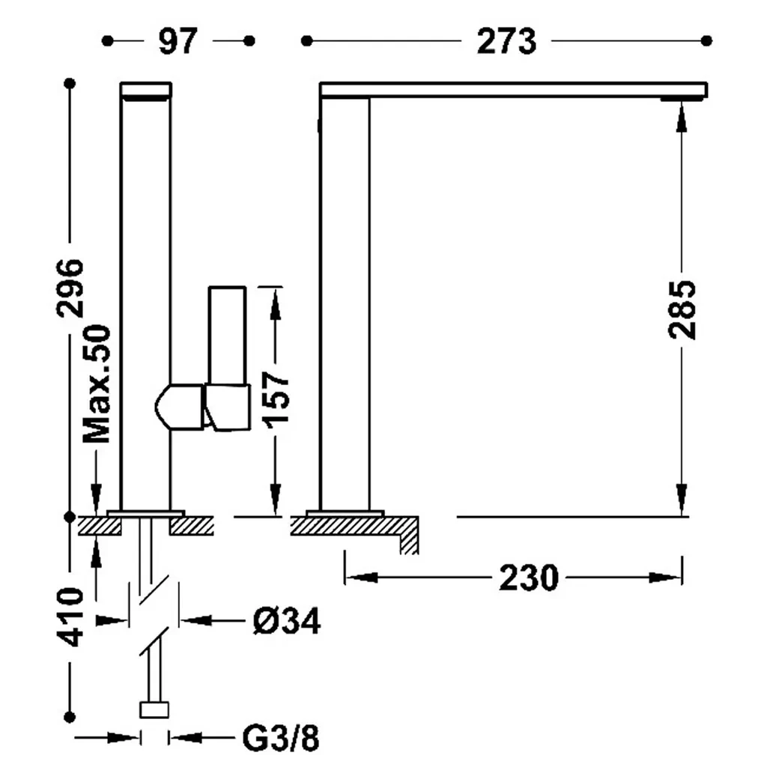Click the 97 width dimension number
coord(178,41)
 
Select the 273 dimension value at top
coord(506,41)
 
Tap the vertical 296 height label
coord(70,288)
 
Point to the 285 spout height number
coord(682,309)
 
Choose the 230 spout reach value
coord(528,577)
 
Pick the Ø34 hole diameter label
coord(287,621)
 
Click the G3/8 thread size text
coord(281,738)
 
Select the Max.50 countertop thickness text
coord(97,383)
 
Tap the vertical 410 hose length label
coord(70,617)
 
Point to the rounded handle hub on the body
coord(179,407)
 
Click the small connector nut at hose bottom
coord(154,710)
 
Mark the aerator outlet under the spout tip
coord(682,100)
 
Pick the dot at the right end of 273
coord(706,40)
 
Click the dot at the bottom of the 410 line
coord(70,717)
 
